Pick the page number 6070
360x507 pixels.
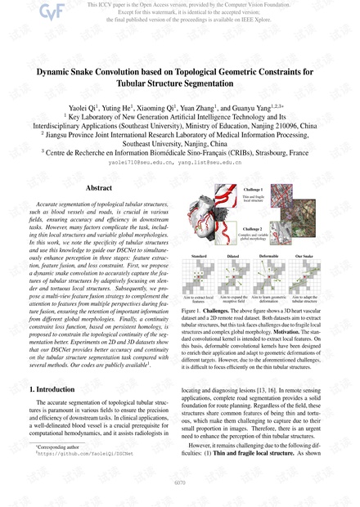click(180, 483)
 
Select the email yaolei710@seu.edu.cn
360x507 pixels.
click(140, 164)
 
